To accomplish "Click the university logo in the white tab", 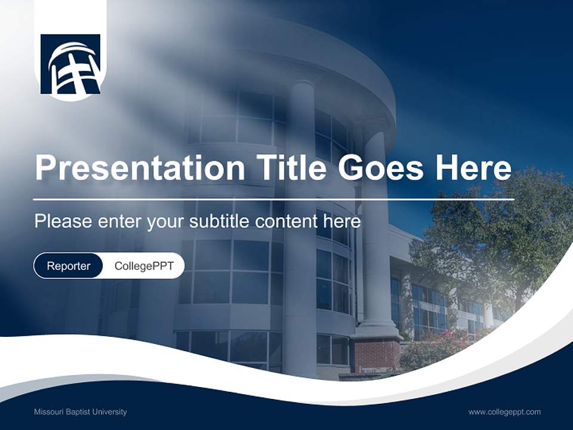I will (70, 64).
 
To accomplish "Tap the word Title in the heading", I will (289, 167).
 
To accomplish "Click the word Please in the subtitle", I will (63, 222).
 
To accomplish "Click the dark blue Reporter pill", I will (69, 266).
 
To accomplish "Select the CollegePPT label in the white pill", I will (144, 266).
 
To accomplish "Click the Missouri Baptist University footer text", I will (80, 412).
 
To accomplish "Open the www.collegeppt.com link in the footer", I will (504, 412).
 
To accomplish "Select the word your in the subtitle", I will (167, 222).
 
